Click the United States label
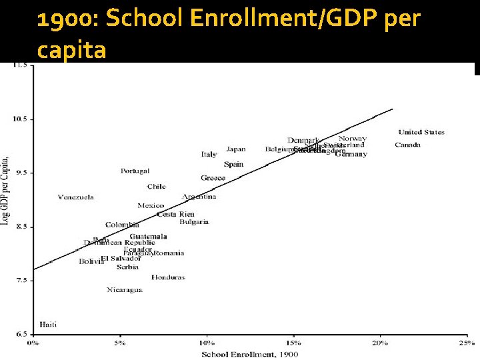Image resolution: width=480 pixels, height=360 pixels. click(421, 132)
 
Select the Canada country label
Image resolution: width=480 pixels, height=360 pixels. click(407, 145)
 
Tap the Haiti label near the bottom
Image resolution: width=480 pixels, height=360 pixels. click(48, 325)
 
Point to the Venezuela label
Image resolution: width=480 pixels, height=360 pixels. click(76, 197)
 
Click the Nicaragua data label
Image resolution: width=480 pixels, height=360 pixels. click(125, 290)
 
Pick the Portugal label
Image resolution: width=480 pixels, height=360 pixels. click(135, 171)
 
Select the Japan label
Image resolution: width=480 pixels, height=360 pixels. click(235, 149)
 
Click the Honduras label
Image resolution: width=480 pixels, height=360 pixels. click(168, 277)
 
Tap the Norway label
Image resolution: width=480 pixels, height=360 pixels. click(352, 138)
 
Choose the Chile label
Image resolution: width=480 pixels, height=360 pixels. click(156, 187)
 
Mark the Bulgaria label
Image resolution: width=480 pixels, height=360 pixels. click(194, 222)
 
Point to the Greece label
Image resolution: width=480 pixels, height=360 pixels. click(213, 178)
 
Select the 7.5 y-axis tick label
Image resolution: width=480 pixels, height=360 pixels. click(20, 281)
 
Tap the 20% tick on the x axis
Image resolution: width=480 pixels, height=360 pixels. click(379, 343)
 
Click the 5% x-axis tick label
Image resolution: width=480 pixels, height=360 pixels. click(119, 343)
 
